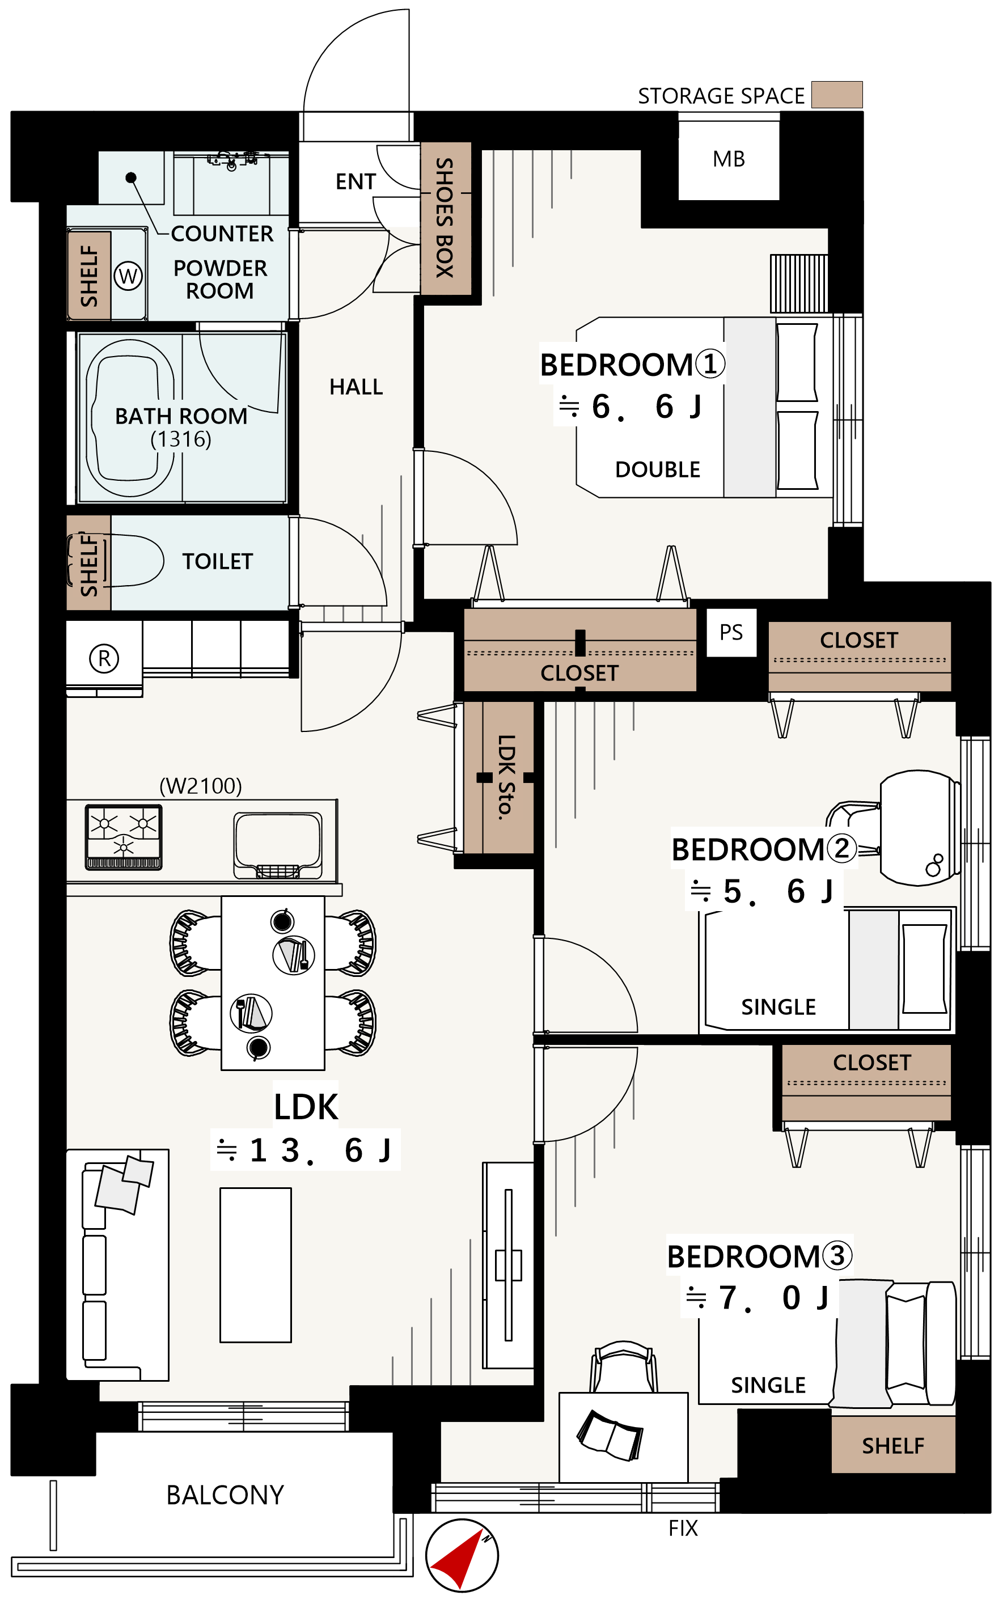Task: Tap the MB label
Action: (729, 159)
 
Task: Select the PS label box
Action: (731, 633)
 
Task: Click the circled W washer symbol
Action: (128, 276)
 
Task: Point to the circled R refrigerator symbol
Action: (104, 658)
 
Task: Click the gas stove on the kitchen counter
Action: (124, 837)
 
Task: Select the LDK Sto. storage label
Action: (507, 777)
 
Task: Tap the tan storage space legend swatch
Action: (836, 95)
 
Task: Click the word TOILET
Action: (218, 561)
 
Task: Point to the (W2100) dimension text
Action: (201, 786)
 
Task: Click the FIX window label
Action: (683, 1528)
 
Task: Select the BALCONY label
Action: (225, 1496)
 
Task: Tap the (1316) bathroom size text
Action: (180, 439)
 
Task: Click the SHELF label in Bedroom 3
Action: (893, 1446)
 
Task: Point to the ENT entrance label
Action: (356, 182)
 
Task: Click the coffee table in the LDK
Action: (256, 1265)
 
